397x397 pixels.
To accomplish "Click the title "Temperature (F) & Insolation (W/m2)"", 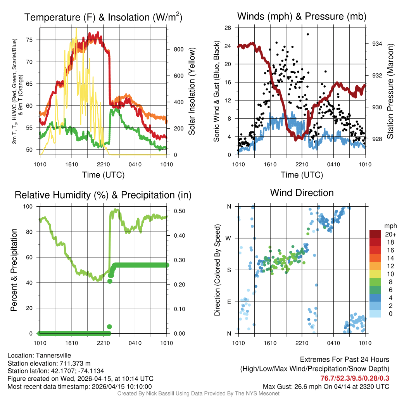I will tap(103, 17).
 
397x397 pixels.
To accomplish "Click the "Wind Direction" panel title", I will tap(302, 193).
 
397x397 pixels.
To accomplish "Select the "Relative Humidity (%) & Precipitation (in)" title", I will tap(103, 195).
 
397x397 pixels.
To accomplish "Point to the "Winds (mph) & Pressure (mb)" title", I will tap(302, 16).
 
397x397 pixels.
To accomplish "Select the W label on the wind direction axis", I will tap(229, 238).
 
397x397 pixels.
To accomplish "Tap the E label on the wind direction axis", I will tap(229, 302).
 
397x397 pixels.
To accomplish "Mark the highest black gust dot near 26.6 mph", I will tap(308, 35).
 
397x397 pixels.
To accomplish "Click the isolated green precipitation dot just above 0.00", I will tap(109, 326).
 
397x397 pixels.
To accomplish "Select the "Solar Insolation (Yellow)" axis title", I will tap(192, 91).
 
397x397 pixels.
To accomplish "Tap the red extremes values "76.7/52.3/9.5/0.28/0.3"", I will tap(355, 378).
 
